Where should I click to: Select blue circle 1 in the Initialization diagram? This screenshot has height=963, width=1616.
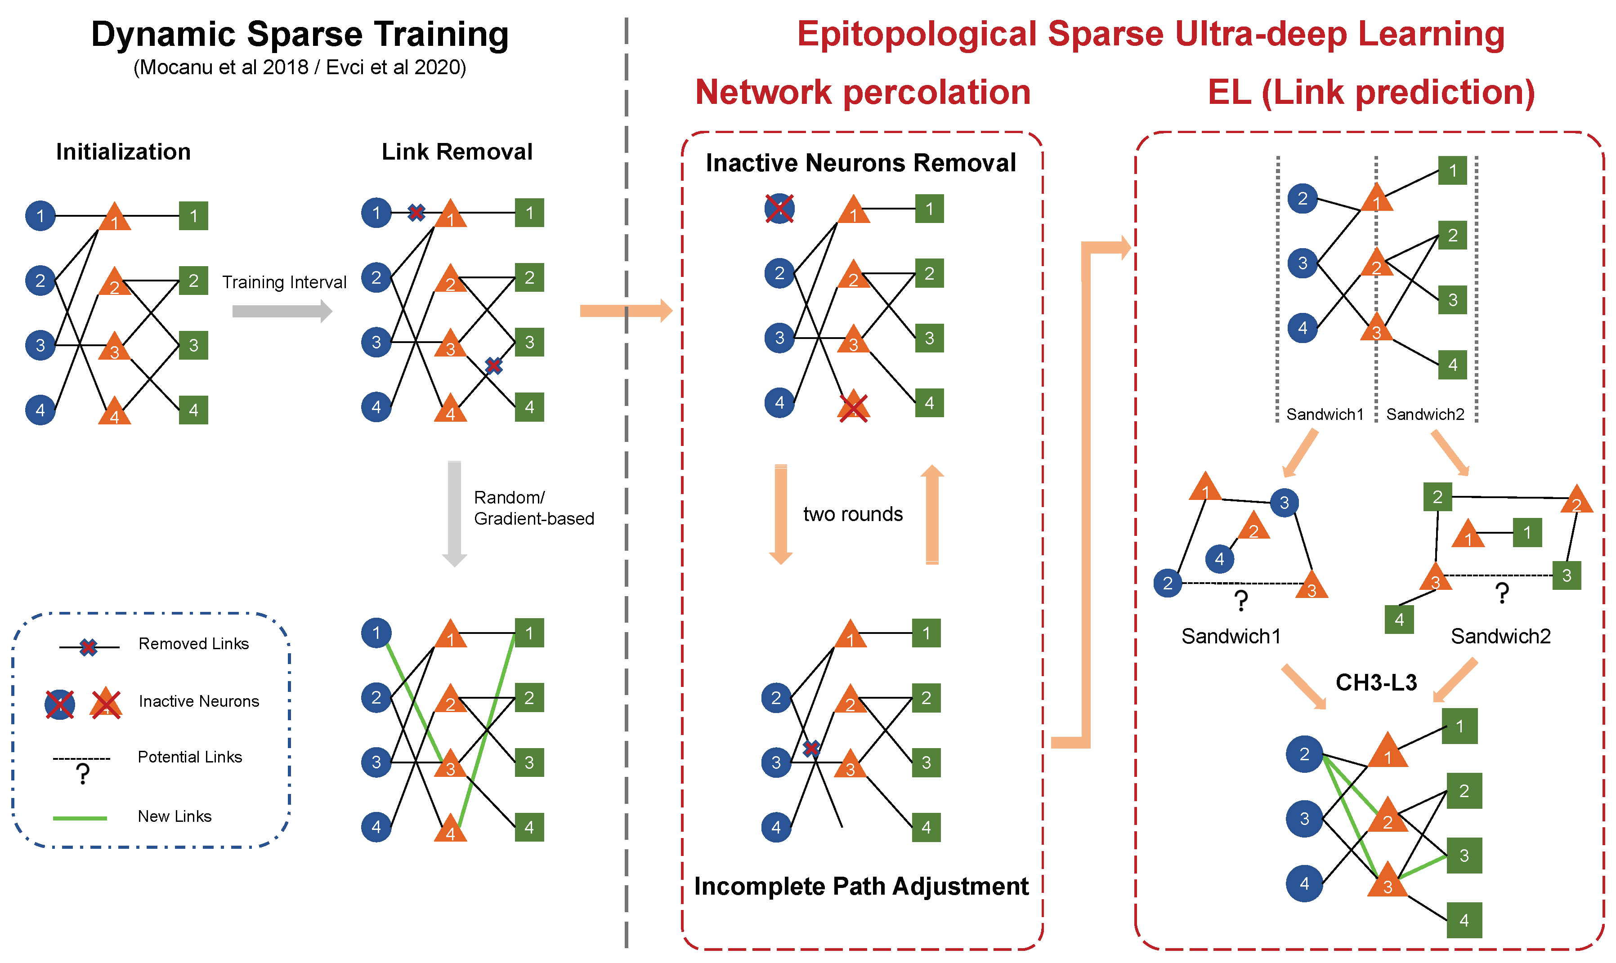[40, 215]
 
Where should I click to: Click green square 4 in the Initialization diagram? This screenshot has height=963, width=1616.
[193, 410]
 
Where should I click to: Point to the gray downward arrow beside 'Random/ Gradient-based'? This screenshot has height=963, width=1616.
[454, 513]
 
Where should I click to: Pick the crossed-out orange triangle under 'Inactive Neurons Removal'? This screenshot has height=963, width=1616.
[854, 406]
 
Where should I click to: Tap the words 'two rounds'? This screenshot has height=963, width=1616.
[853, 514]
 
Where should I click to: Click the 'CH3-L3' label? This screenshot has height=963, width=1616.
[1376, 682]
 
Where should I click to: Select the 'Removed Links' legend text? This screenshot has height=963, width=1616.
[193, 644]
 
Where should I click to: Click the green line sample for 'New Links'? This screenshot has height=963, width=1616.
[80, 818]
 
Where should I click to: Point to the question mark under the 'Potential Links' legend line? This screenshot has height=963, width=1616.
[82, 774]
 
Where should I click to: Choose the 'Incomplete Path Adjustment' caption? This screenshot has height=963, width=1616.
[861, 887]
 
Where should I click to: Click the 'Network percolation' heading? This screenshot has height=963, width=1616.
[863, 92]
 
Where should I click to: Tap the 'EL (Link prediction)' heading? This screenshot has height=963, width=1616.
[1371, 92]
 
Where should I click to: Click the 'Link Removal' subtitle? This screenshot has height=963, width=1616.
[457, 152]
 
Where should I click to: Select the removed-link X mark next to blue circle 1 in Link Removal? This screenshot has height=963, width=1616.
[416, 212]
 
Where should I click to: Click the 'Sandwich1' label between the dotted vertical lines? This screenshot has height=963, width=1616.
[1325, 414]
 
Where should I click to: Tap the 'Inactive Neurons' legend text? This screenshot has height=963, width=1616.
[199, 701]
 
